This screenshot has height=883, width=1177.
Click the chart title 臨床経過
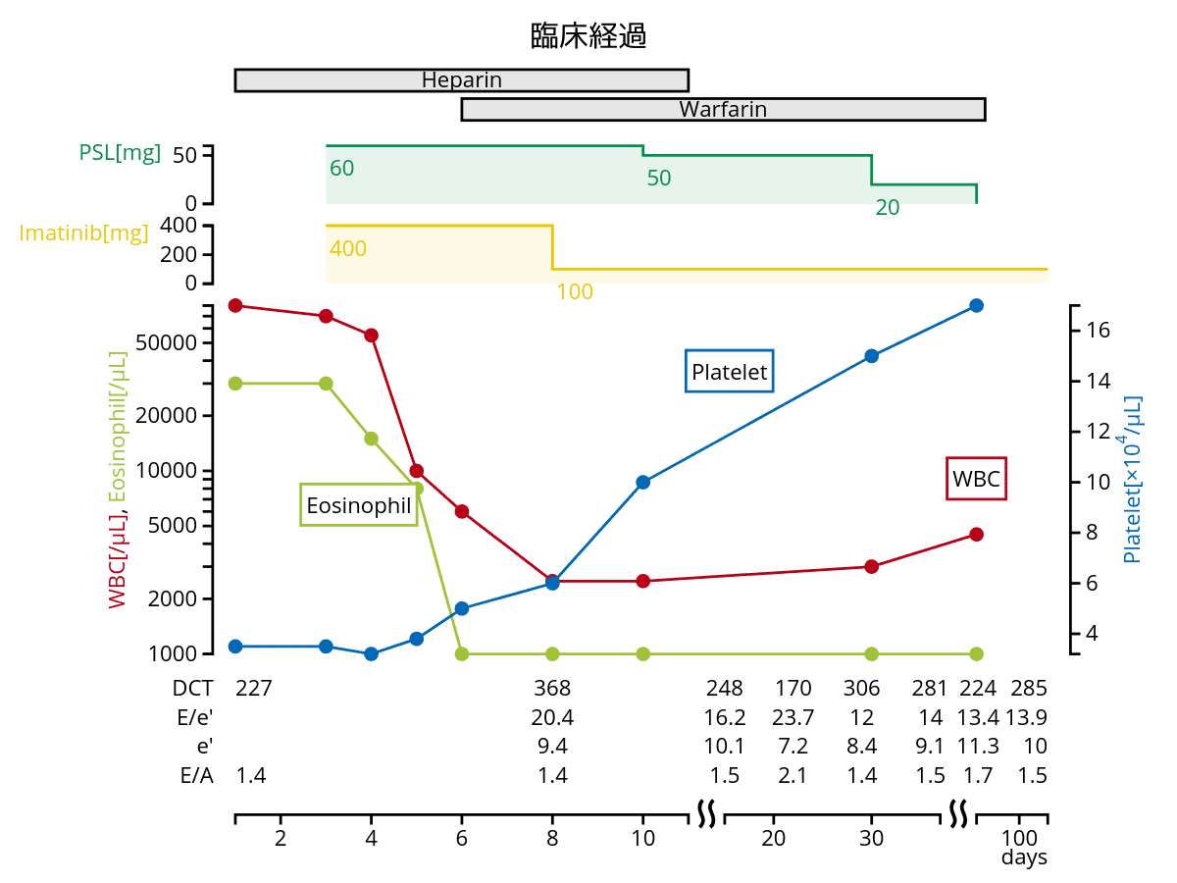588,37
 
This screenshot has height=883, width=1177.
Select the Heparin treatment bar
461,80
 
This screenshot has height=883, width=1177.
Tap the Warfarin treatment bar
723,110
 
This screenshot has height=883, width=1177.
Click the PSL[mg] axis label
120,153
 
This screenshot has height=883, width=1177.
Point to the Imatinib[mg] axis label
84,234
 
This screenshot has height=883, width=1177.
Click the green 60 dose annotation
342,169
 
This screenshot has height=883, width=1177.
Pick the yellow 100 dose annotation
575,292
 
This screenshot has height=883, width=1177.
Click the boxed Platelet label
729,372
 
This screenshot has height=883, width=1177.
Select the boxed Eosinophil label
359,505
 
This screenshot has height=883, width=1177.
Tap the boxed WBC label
976,480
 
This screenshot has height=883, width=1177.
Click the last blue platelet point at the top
976,305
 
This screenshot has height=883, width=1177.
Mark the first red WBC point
235,305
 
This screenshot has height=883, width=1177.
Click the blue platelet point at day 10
643,482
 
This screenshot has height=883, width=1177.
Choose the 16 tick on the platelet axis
1099,331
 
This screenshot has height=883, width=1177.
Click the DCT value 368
552,688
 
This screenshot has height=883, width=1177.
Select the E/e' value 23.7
793,717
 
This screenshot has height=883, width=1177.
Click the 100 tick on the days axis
1020,838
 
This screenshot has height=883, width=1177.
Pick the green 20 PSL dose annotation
888,208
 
